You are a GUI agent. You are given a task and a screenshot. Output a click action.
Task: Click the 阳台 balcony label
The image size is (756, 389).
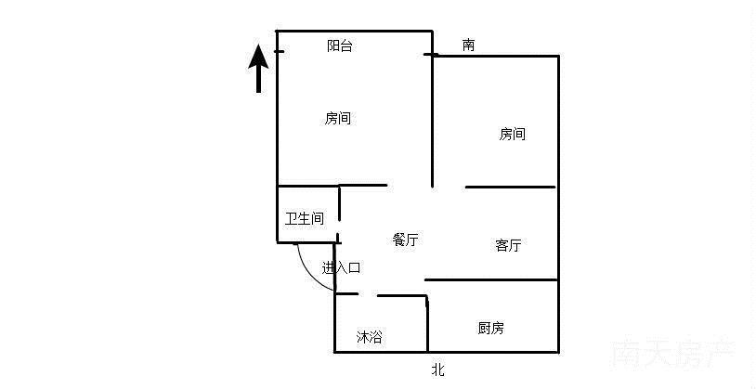click(339, 46)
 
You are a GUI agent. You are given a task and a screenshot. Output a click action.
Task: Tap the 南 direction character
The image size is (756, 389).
click(468, 45)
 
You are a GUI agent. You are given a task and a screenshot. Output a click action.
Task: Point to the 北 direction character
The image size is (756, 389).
click(437, 370)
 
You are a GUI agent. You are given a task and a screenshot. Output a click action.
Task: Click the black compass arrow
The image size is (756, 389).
click(259, 68)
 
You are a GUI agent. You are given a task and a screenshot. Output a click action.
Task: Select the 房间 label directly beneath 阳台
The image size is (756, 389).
click(337, 118)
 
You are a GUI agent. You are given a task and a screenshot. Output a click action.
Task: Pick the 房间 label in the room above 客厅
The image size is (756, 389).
click(512, 134)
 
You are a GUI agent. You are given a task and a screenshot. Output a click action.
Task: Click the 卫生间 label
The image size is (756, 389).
click(305, 219)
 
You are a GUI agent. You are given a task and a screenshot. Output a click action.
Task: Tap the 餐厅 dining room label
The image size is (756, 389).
click(405, 240)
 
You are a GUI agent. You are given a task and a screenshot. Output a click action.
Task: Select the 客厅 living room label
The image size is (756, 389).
click(508, 245)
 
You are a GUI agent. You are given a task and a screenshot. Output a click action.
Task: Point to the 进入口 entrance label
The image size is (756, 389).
click(342, 268)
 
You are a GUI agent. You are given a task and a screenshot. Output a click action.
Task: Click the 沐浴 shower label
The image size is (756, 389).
click(370, 337)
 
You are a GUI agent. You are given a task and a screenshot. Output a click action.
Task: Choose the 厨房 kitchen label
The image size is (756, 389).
click(490, 329)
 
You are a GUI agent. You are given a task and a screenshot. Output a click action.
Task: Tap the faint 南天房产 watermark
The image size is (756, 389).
click(672, 355)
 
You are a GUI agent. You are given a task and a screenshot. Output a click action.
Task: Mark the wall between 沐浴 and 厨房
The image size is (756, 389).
click(427, 323)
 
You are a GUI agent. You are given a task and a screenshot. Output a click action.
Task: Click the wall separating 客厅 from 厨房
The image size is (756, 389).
click(491, 280)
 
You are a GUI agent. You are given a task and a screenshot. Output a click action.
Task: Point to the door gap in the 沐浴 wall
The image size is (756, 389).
click(368, 294)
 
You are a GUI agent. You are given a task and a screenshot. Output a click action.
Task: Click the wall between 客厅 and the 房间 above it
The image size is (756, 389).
click(510, 187)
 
